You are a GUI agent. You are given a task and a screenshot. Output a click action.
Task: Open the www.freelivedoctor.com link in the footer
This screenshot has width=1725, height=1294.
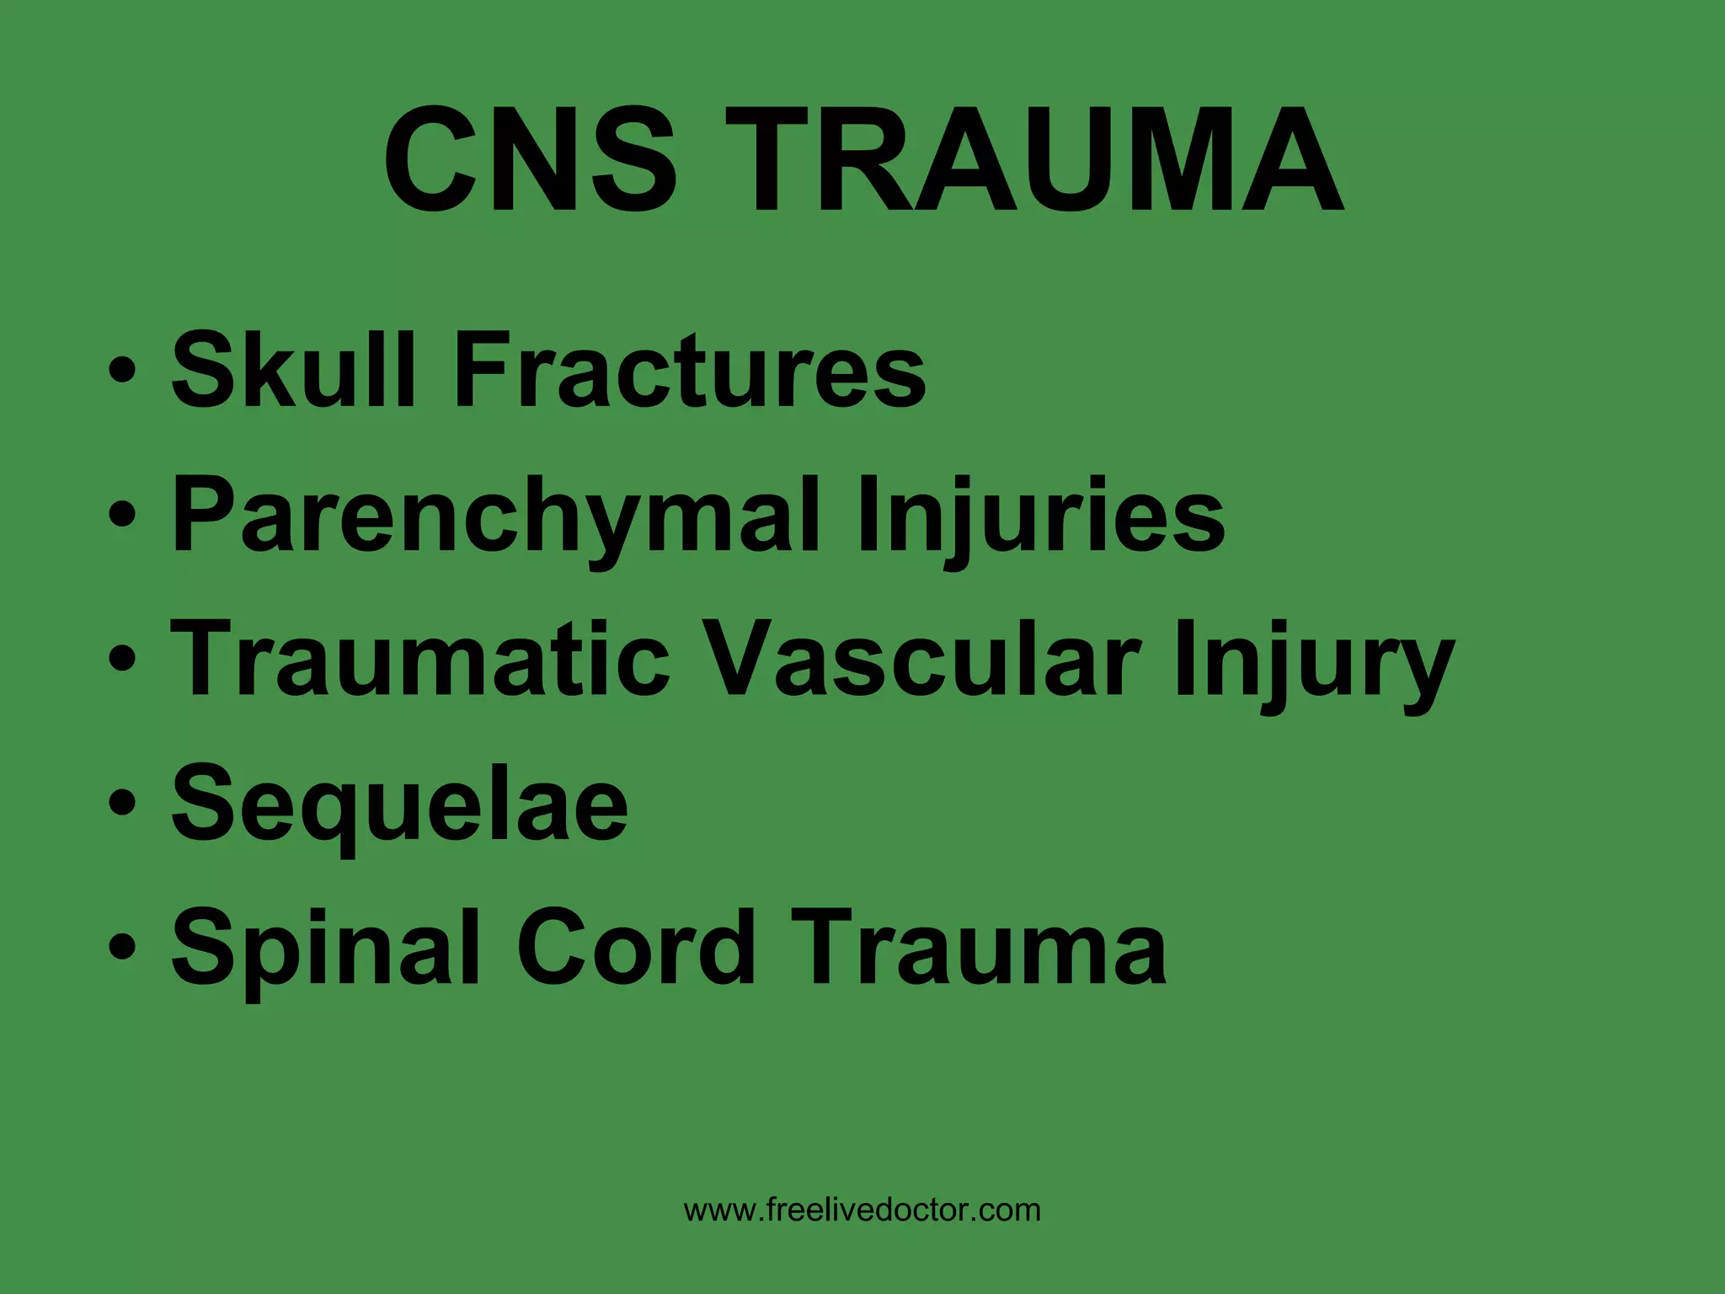pos(862,1211)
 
